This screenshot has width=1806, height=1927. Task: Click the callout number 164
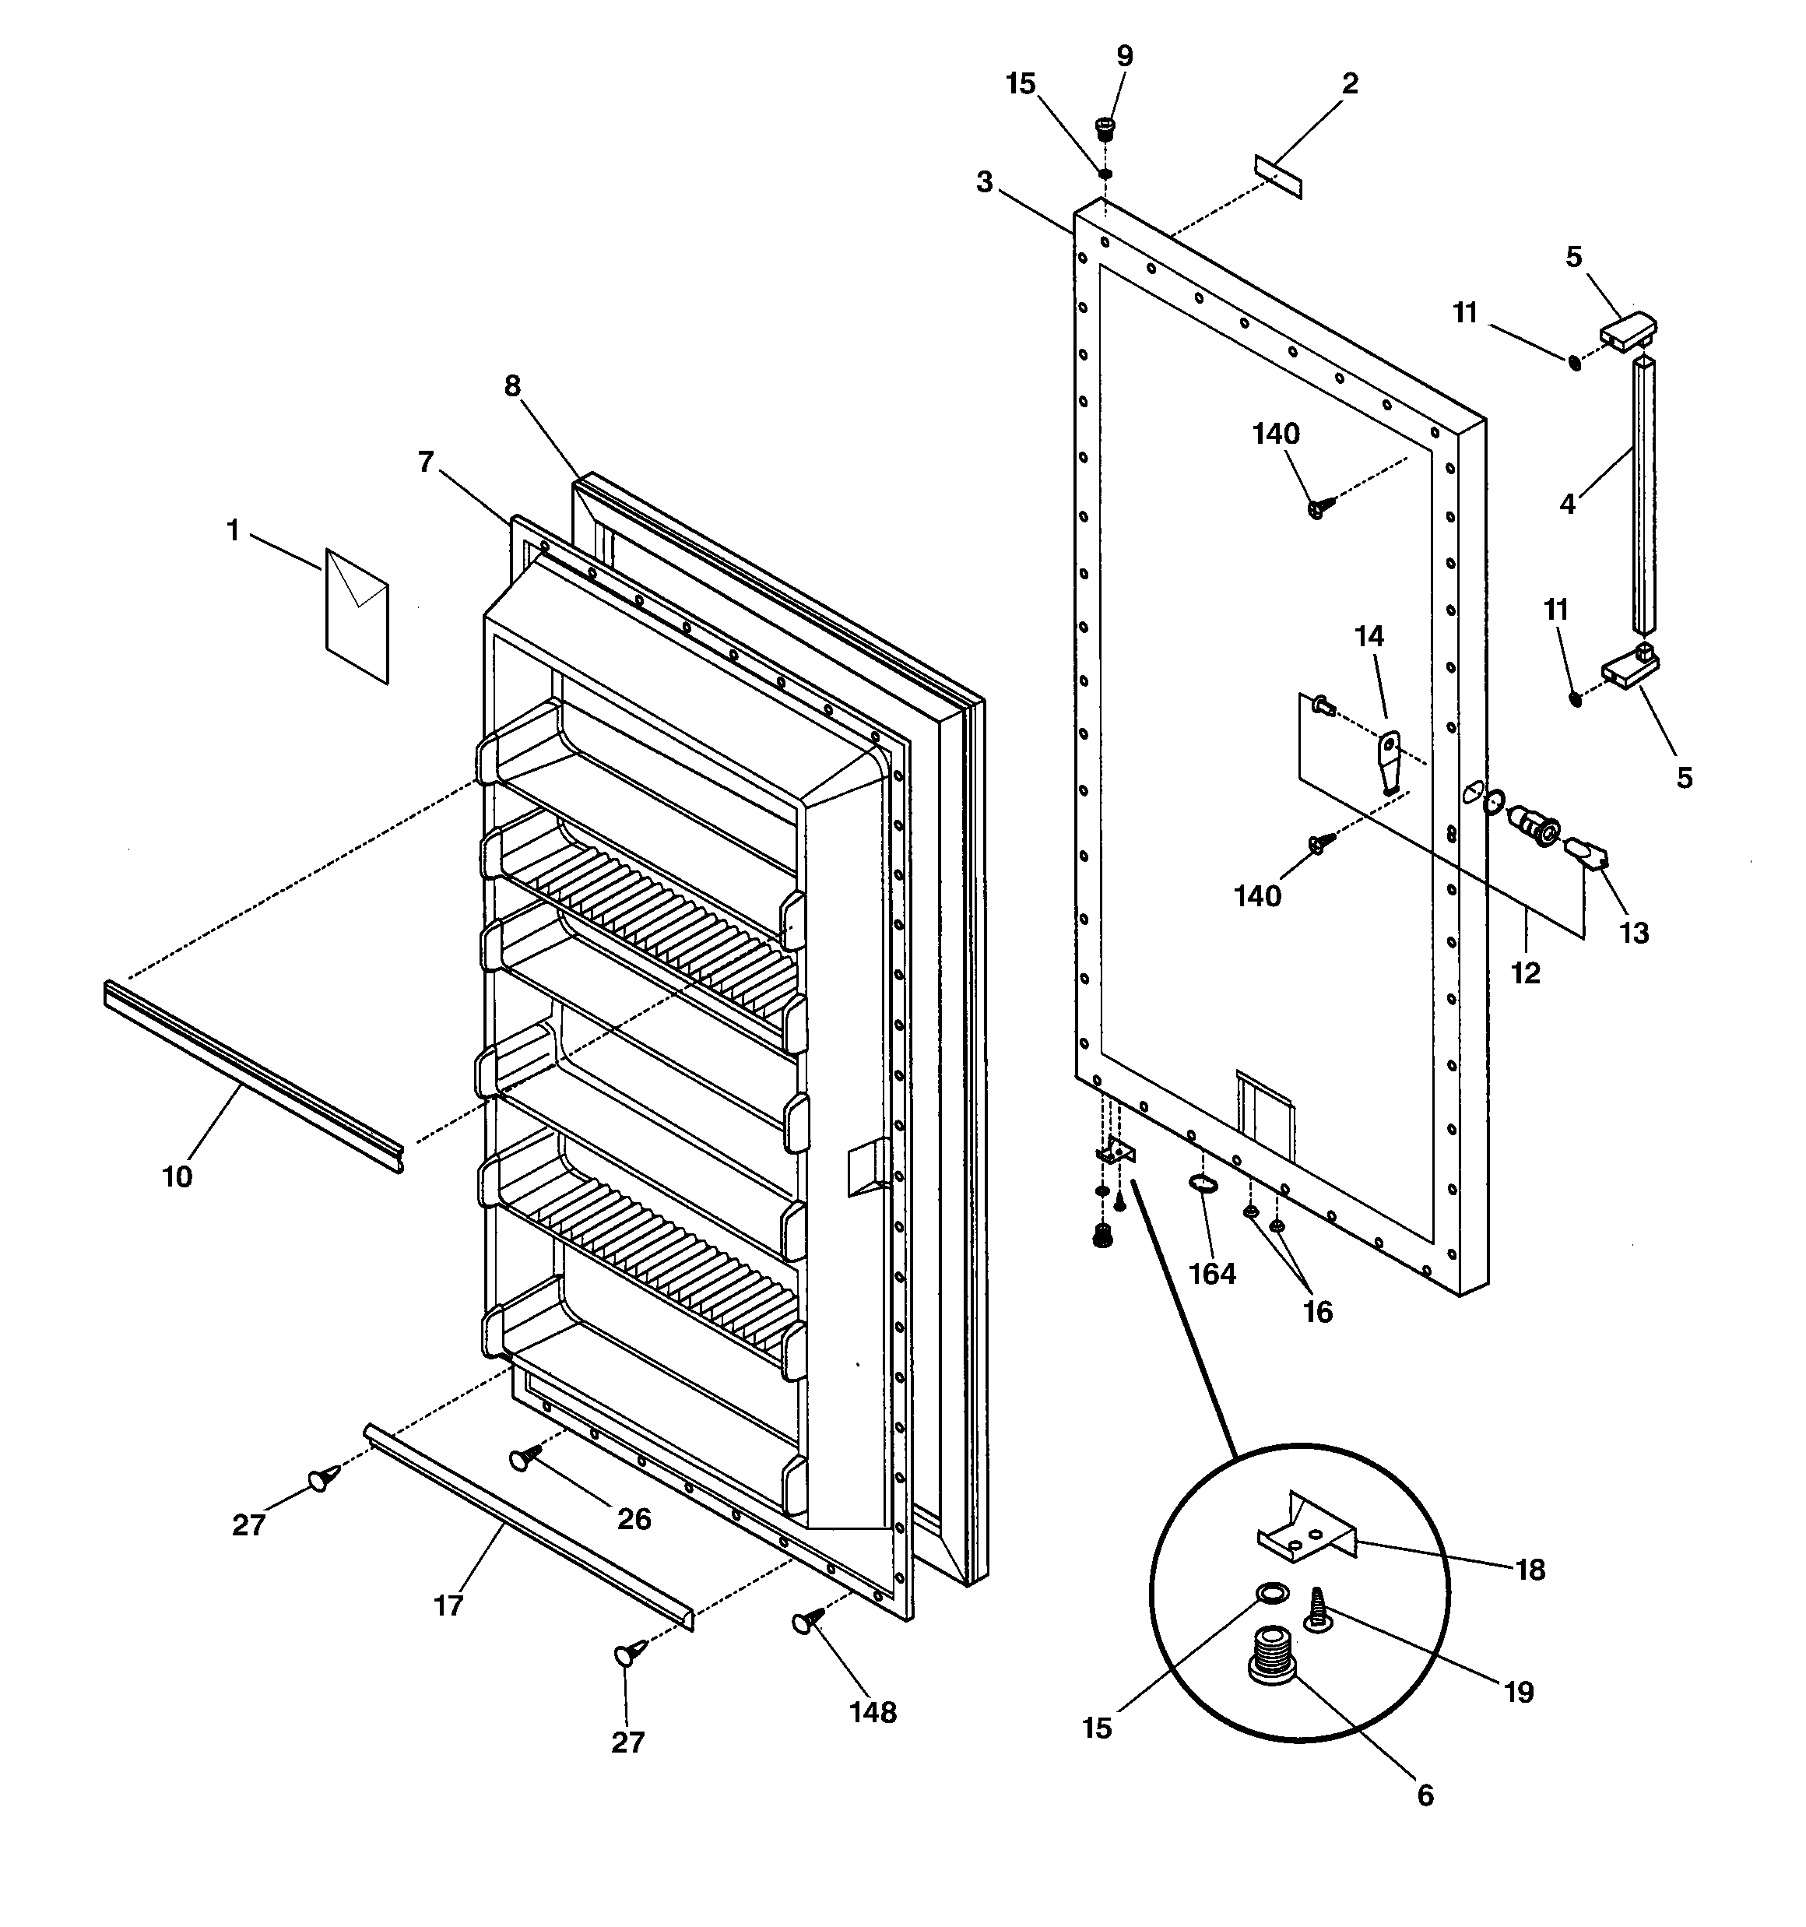point(1212,1273)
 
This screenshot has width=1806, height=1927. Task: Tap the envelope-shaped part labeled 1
point(357,616)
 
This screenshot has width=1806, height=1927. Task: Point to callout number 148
point(873,1713)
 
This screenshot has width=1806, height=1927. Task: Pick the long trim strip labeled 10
point(252,1075)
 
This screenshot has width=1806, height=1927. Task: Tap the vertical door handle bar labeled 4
point(1644,494)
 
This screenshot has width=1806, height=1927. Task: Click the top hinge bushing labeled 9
point(1104,127)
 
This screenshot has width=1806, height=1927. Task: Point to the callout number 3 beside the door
point(984,181)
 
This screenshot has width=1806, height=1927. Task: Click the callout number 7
point(426,462)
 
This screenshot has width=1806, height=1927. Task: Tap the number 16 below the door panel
point(1317,1311)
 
